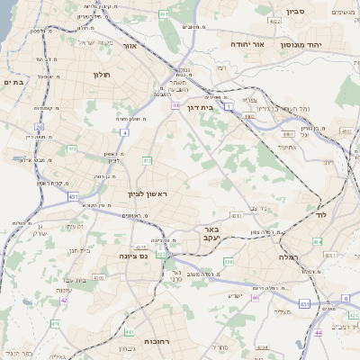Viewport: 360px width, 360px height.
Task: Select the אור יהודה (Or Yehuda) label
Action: coord(246,43)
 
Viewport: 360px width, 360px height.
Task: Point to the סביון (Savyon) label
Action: coord(296,12)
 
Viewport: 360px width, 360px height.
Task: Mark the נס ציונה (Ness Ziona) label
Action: coord(133,256)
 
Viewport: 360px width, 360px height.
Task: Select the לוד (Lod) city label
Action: coord(320,215)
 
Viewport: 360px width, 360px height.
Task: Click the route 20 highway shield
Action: coord(40,128)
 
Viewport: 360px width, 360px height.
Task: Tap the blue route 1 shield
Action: coord(229,106)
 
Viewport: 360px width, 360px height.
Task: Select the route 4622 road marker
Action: coord(273,20)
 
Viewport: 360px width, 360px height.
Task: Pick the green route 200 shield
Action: coord(229,262)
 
